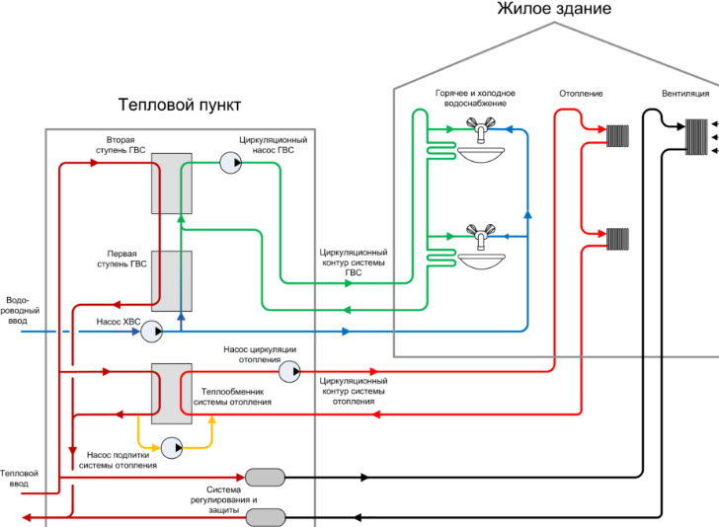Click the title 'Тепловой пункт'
coord(179,104)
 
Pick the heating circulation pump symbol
coord(289,372)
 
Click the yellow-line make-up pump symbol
coord(173,447)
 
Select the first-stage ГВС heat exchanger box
coord(171,280)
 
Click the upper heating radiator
coord(618,135)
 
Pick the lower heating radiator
coord(618,238)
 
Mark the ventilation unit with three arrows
coord(698,135)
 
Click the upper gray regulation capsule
coord(265,478)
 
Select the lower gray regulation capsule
coord(265,516)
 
